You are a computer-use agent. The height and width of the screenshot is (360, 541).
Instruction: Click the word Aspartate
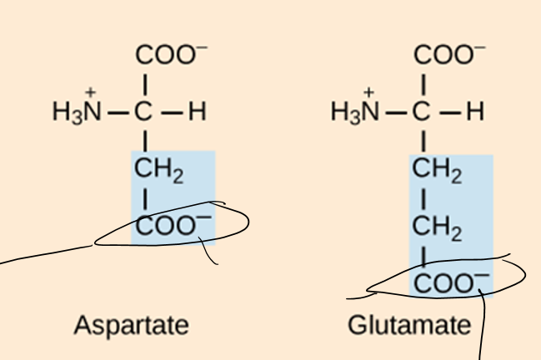[x=131, y=324]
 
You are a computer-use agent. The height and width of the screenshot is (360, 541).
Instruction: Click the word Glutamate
[x=409, y=324]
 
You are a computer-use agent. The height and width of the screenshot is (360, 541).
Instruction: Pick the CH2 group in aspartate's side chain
[x=159, y=171]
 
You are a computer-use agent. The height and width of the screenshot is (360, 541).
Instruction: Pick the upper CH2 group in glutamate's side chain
[x=438, y=172]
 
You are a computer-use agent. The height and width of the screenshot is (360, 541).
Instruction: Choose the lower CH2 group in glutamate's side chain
[x=438, y=227]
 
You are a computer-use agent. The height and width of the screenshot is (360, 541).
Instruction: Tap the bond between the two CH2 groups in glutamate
[x=424, y=200]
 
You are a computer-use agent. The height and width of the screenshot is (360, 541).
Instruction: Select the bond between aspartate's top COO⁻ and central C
[x=146, y=84]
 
